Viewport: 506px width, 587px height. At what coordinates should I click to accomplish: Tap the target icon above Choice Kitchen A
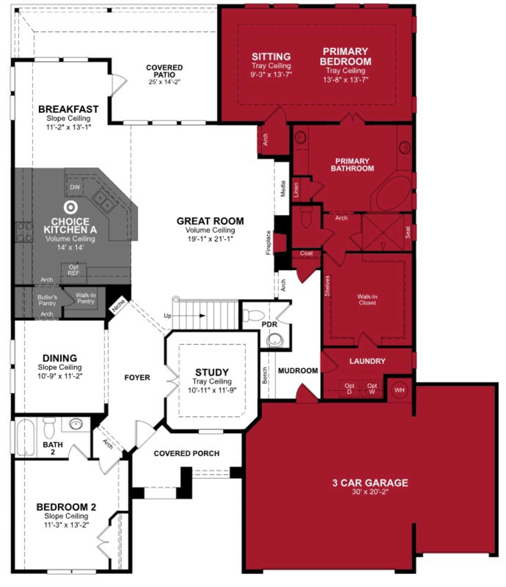(71, 207)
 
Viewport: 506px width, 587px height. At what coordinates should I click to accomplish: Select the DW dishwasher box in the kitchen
(75, 187)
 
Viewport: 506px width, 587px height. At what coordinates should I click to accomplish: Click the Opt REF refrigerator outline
(74, 271)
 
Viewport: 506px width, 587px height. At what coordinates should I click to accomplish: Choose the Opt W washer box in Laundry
(372, 388)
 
